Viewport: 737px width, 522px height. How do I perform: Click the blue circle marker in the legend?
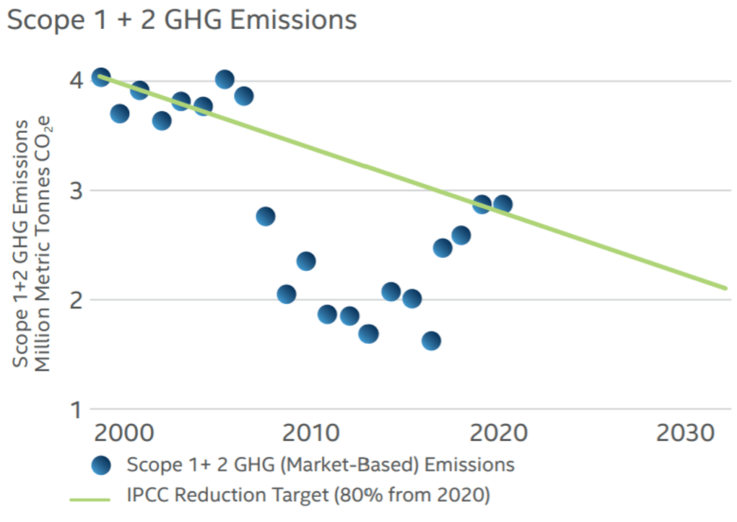coord(102,465)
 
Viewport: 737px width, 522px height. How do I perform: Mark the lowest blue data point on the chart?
coord(431,341)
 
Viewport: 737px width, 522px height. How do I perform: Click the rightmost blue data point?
coord(503,204)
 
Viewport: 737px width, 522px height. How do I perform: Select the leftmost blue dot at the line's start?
coord(101,77)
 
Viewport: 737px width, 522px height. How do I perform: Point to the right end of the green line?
coord(725,288)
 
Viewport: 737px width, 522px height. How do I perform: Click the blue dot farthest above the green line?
coord(224,79)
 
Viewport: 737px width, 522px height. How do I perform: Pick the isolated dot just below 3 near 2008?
coord(265,217)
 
